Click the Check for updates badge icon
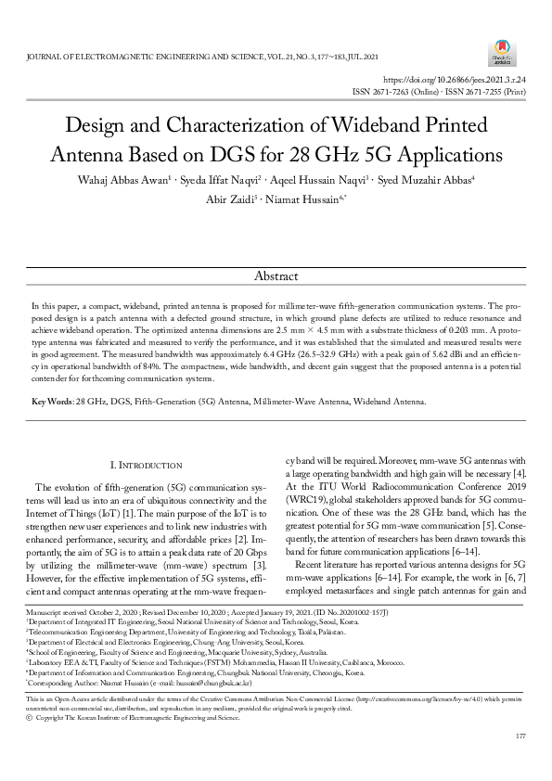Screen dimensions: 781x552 [x=503, y=52]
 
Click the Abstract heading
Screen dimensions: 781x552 [x=276, y=276]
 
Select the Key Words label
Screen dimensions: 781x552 [x=53, y=402]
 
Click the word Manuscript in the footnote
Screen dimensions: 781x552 [x=42, y=639]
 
